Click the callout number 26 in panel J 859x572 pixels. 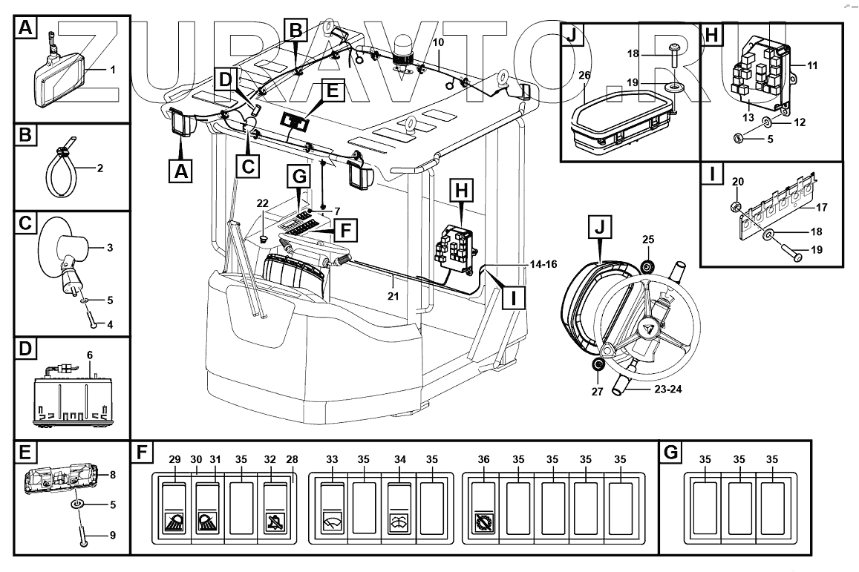point(584,76)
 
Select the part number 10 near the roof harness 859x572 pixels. point(438,43)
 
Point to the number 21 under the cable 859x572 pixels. point(393,297)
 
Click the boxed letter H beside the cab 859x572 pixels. point(461,191)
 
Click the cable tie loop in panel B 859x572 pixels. point(59,174)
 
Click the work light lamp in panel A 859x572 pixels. point(58,78)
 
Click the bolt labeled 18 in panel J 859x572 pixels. point(673,55)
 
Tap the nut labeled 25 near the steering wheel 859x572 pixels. point(647,268)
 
